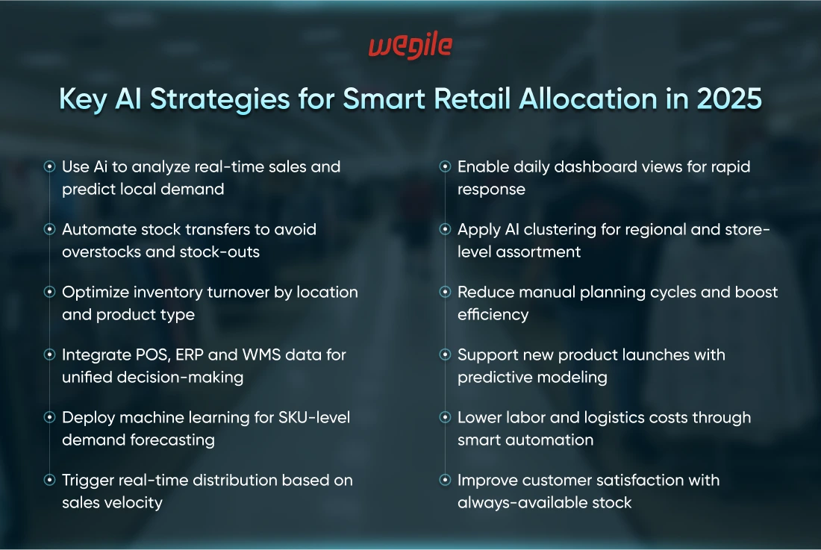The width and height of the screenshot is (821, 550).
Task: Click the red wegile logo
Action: click(410, 46)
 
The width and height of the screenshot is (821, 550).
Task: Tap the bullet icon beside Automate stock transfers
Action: click(50, 229)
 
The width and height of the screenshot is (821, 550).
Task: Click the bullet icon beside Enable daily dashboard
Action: click(445, 166)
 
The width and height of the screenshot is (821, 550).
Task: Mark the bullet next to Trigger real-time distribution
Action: click(50, 480)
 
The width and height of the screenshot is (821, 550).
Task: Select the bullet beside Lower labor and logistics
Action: click(445, 417)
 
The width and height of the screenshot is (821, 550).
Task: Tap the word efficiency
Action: click(493, 315)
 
